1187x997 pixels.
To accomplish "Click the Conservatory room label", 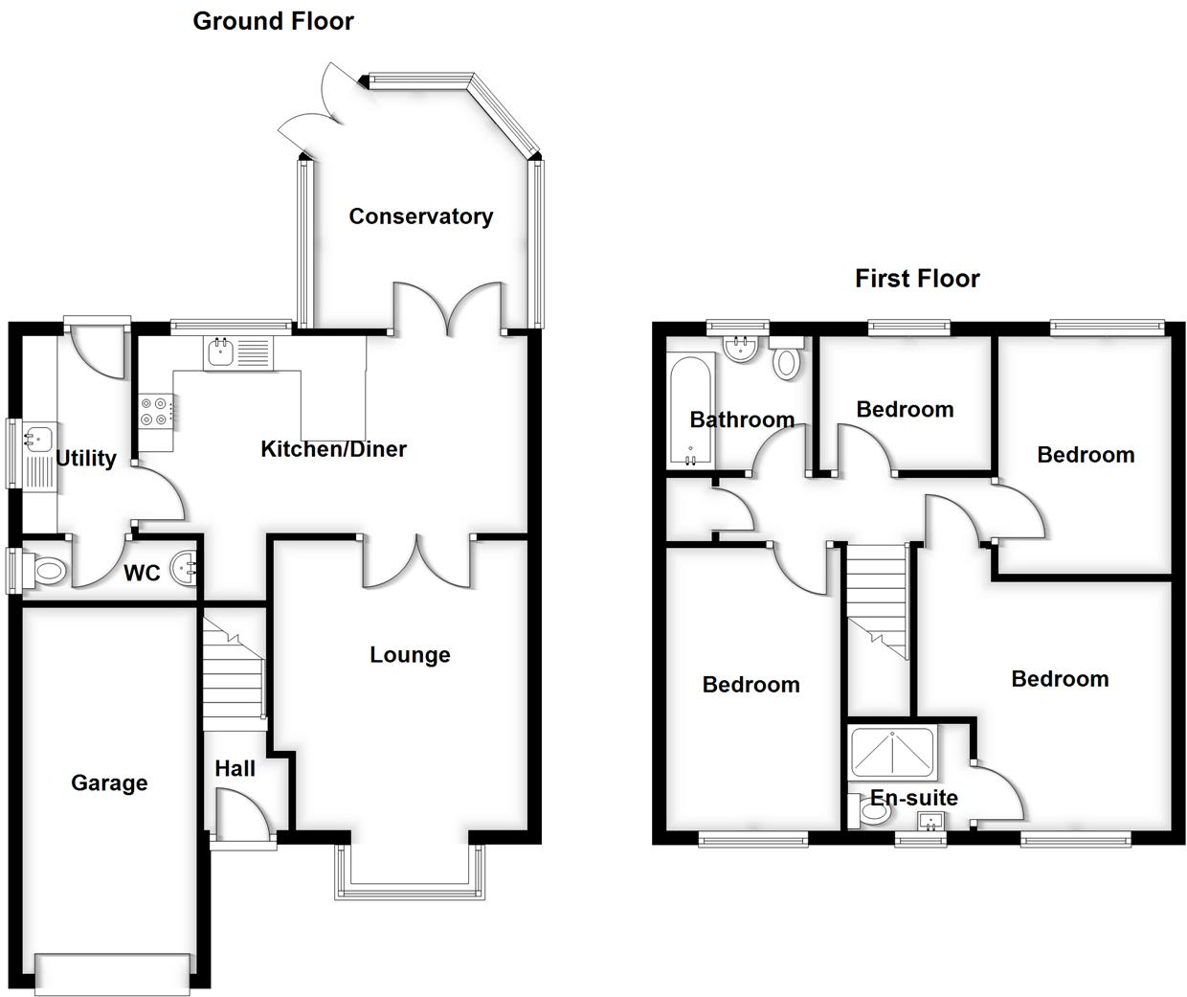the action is pyautogui.click(x=420, y=216).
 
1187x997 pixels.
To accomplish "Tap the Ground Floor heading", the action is pyautogui.click(x=273, y=21).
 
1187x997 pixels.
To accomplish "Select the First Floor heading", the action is pyautogui.click(x=917, y=279).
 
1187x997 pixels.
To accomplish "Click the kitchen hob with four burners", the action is pyautogui.click(x=156, y=412).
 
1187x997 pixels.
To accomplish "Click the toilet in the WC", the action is pyautogui.click(x=46, y=573).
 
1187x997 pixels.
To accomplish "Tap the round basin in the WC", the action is pyautogui.click(x=184, y=570).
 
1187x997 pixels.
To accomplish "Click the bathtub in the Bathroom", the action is pyautogui.click(x=690, y=411).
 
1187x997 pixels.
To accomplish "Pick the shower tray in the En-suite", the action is pyautogui.click(x=892, y=752).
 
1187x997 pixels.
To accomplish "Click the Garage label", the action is pyautogui.click(x=109, y=783).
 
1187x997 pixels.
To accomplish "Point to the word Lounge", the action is pyautogui.click(x=410, y=655).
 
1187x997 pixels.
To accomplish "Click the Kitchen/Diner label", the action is pyautogui.click(x=333, y=449).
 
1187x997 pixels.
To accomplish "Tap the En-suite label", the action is pyautogui.click(x=913, y=798).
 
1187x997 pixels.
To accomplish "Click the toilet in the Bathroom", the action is pyautogui.click(x=787, y=362).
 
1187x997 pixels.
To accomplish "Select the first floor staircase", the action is pyautogui.click(x=877, y=599).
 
